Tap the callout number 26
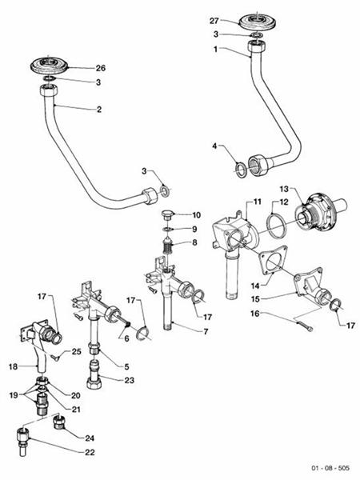click(x=101, y=67)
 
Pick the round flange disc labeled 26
click(x=54, y=65)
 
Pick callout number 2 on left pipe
click(x=101, y=107)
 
